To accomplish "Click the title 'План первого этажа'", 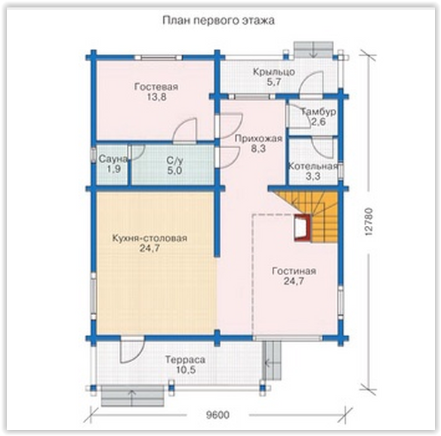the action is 218,21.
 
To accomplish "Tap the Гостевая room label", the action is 156,87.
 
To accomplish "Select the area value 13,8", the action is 156,97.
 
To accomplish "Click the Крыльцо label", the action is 274,72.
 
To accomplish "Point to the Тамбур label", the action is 319,112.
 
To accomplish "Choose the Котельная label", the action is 313,166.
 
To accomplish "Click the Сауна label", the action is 113,159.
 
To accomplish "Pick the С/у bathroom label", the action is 174,160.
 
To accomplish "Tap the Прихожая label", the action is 258,138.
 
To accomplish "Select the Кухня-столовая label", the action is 150,238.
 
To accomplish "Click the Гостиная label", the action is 294,271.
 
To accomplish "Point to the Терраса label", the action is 185,360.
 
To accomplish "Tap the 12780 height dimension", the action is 369,221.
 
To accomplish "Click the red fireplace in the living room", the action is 303,227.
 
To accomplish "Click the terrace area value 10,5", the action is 185,370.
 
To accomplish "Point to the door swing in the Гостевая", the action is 184,129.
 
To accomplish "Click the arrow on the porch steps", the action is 314,50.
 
